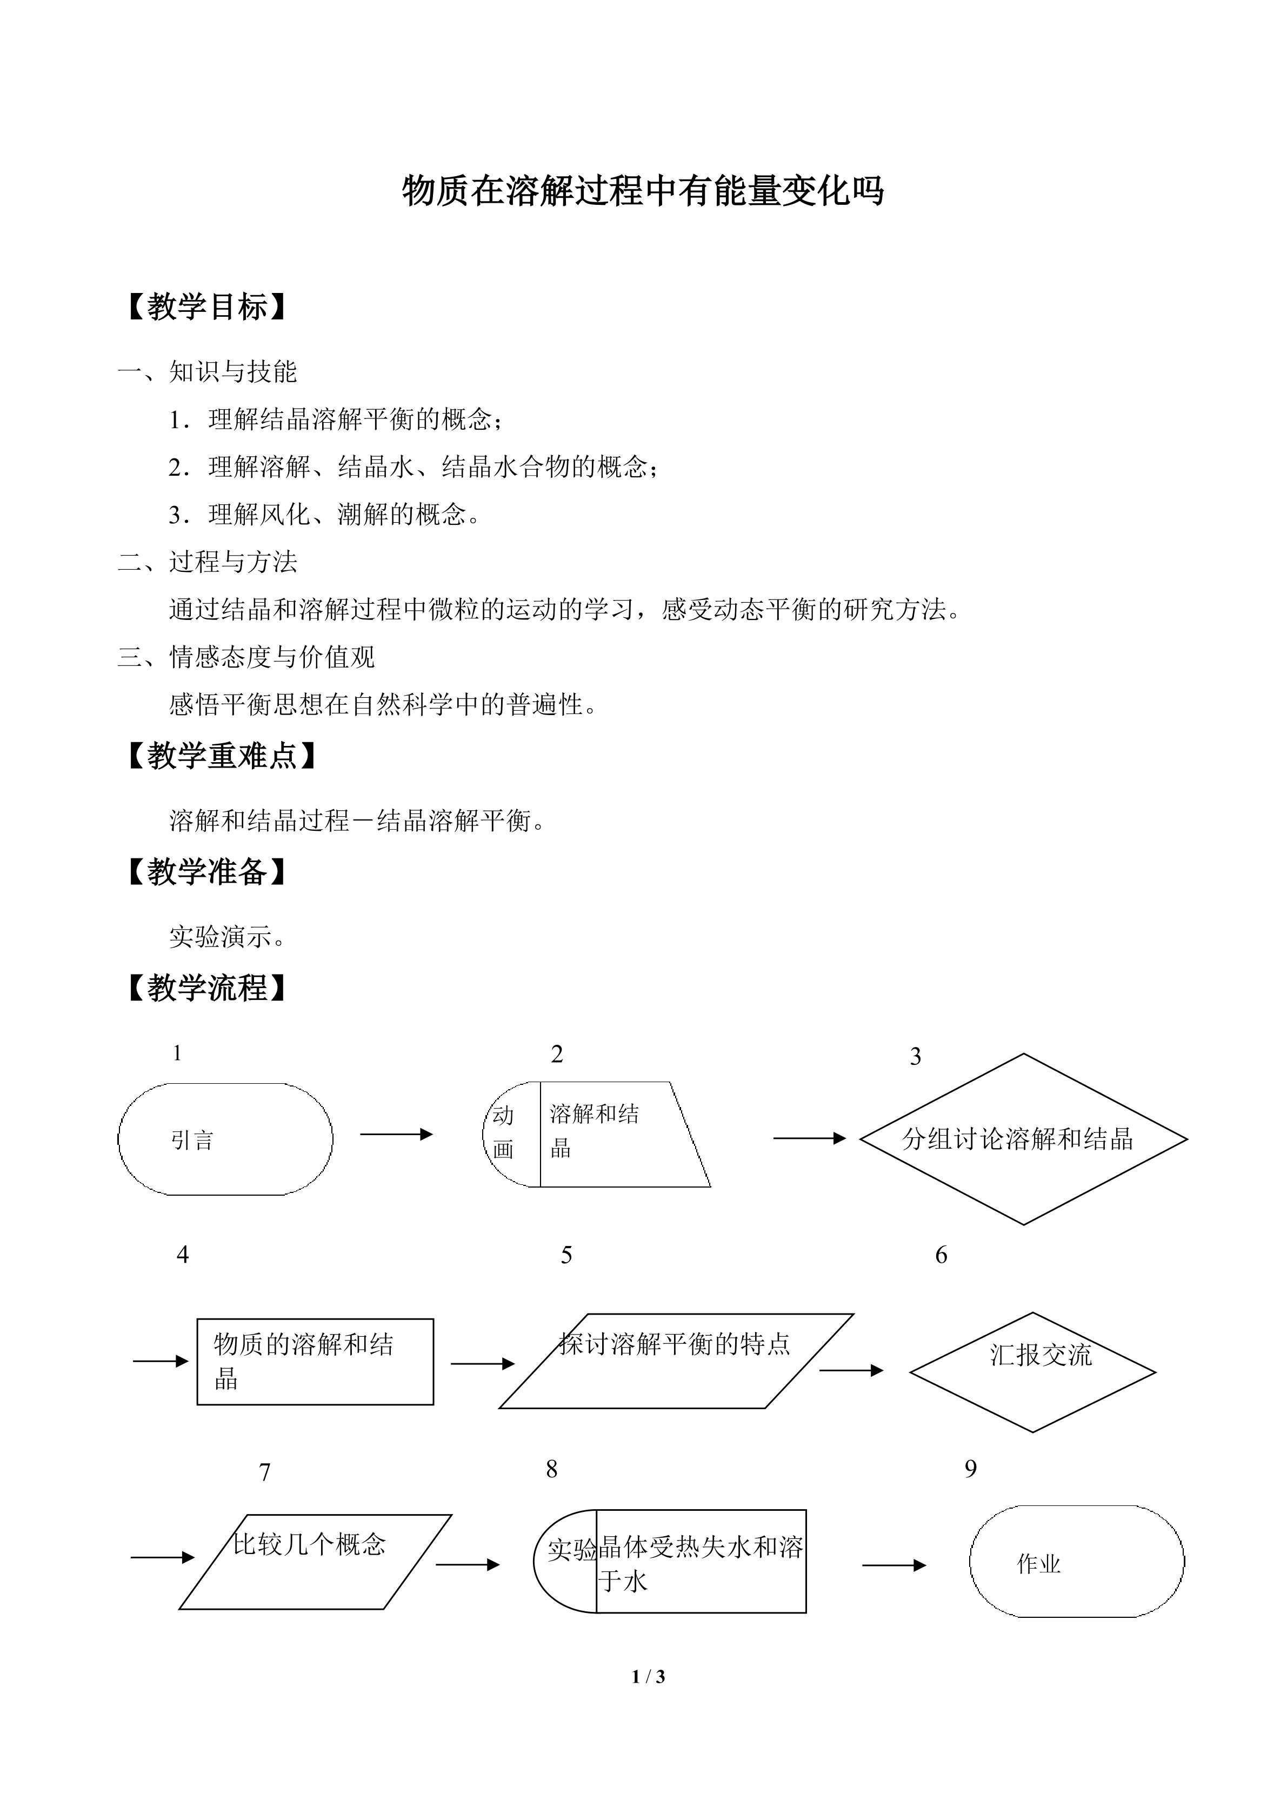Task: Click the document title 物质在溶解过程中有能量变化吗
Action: pos(643,191)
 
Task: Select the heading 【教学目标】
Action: pos(206,307)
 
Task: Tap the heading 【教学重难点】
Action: pos(221,756)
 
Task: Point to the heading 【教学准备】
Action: pos(206,872)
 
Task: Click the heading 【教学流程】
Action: pos(206,988)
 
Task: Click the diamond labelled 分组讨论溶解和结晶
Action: pos(1023,1139)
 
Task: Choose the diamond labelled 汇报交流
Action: pos(1032,1371)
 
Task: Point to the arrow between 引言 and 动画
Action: pos(396,1135)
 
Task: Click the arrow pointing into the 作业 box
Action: pos(894,1565)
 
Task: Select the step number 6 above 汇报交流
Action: pos(941,1255)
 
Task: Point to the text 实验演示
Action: pos(226,937)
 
